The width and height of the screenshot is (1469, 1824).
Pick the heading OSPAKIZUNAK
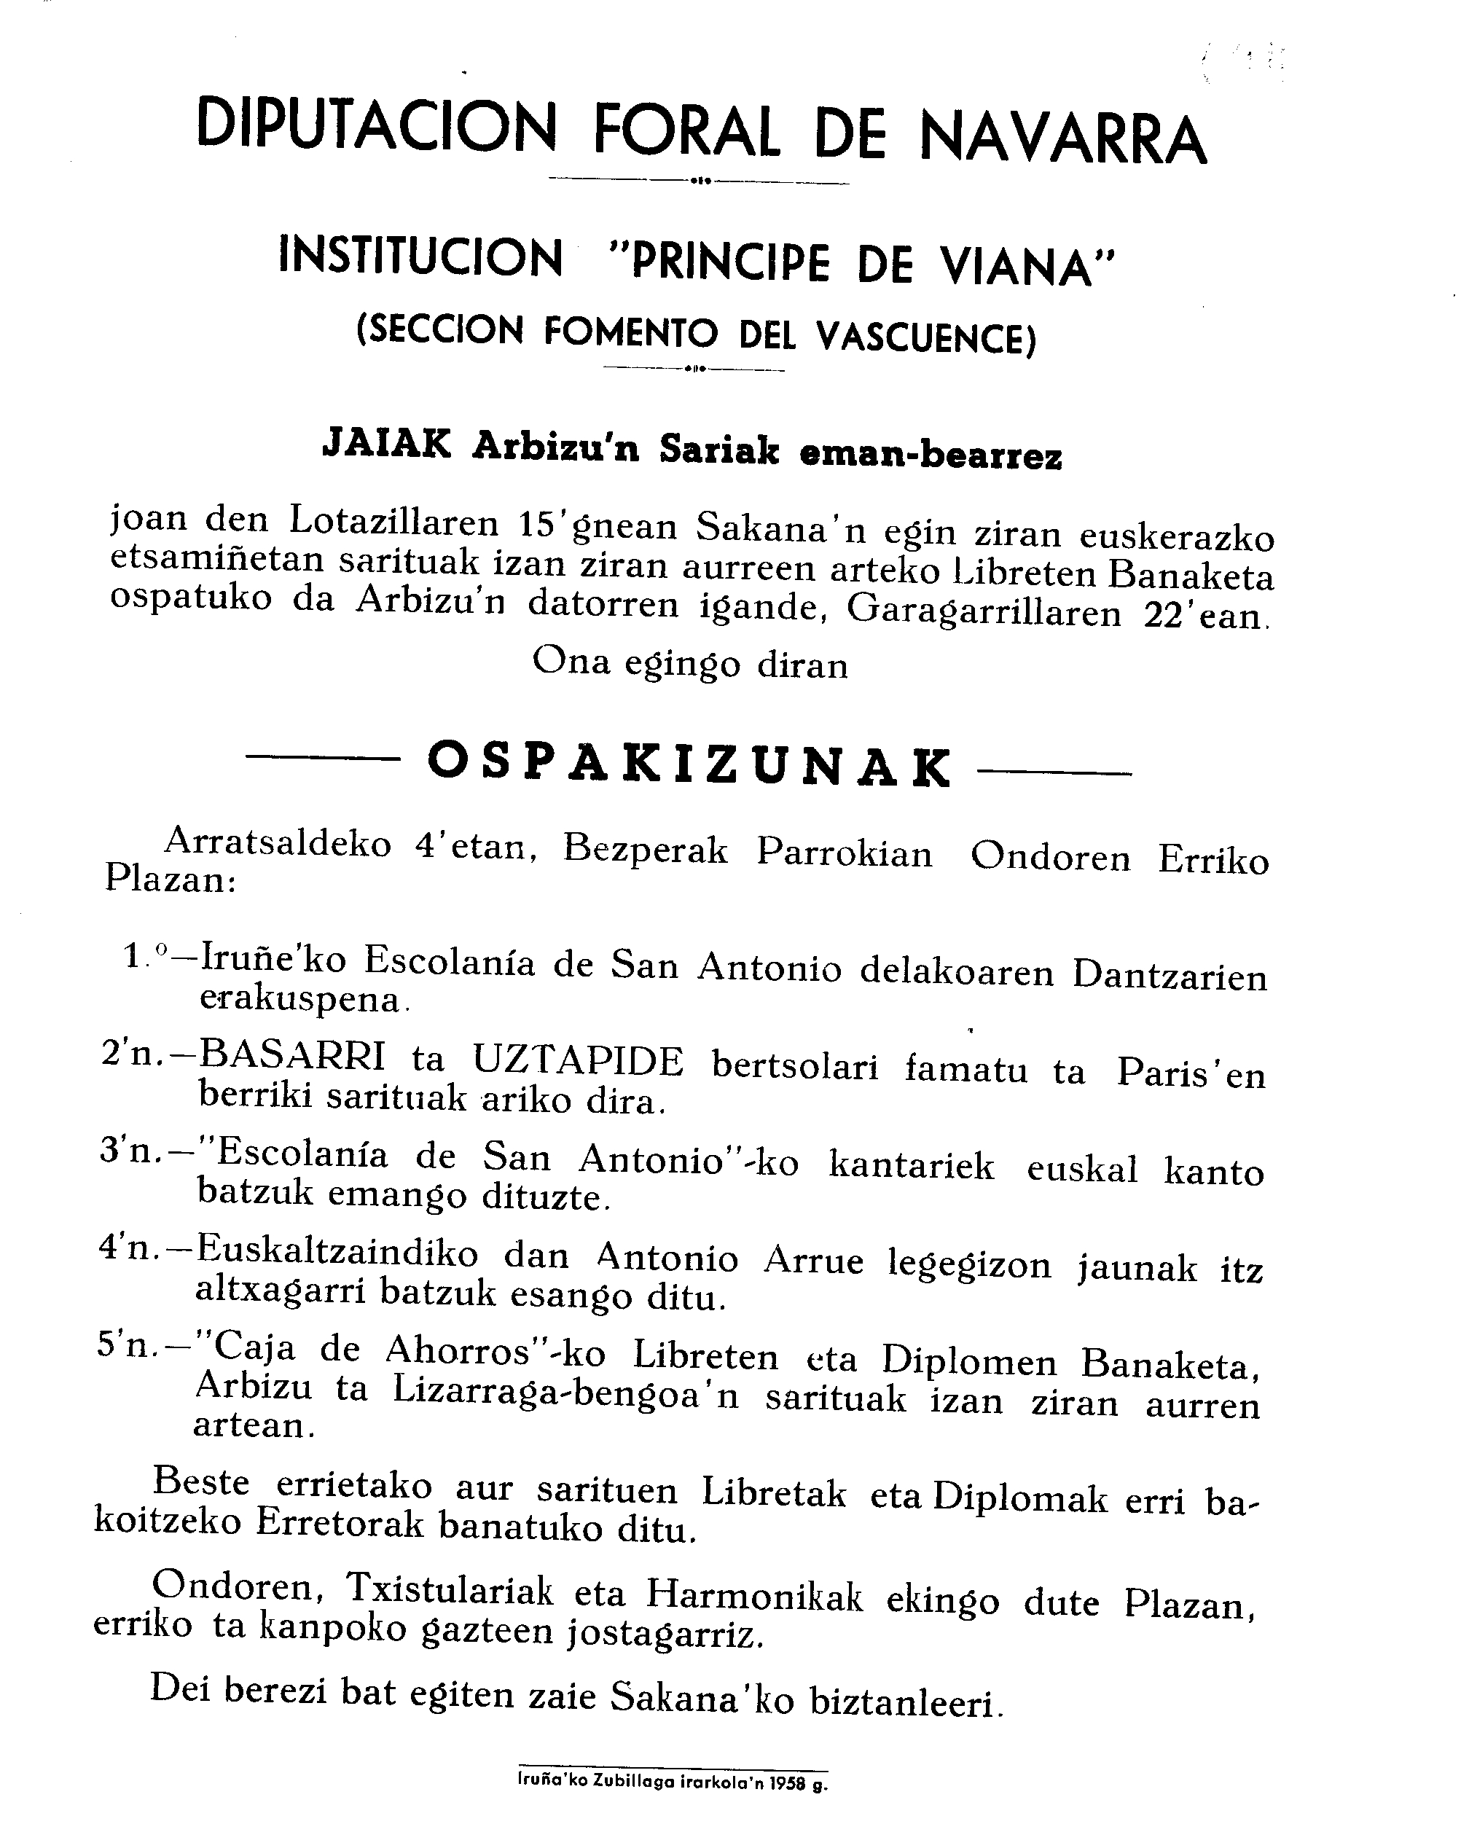coord(689,764)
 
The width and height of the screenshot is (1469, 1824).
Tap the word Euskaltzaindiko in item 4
coord(337,1254)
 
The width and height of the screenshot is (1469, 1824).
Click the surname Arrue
coord(813,1261)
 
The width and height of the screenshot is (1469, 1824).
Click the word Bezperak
coord(644,850)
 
